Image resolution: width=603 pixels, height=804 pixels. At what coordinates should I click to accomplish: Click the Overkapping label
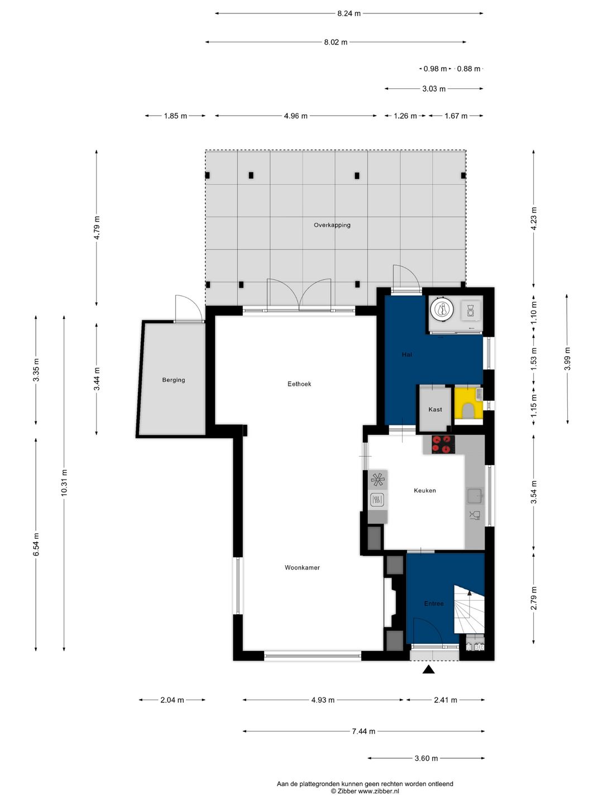click(332, 225)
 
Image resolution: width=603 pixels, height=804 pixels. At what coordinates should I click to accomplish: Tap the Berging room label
click(174, 380)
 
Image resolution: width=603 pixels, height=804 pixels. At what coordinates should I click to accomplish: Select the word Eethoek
click(299, 384)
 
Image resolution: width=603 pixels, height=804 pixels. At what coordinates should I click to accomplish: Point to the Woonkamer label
click(302, 567)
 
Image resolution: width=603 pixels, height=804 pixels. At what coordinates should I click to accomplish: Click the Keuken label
click(425, 490)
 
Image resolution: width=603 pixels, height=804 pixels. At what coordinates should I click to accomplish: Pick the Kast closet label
click(435, 409)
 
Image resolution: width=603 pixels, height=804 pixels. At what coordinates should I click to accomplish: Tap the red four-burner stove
click(443, 444)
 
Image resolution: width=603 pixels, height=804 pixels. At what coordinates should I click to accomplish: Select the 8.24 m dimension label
click(348, 13)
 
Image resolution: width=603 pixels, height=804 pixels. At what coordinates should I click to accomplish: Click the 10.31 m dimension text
click(64, 483)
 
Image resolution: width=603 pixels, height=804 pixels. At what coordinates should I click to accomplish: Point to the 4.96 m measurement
click(295, 116)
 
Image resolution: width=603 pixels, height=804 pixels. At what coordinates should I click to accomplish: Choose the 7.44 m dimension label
click(363, 731)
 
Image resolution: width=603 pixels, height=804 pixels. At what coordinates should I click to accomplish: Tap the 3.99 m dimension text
click(567, 359)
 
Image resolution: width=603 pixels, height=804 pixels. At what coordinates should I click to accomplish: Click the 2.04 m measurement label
click(172, 700)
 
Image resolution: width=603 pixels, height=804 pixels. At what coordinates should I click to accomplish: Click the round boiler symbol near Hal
click(442, 309)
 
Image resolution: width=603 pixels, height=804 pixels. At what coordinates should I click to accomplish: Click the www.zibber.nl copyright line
click(365, 791)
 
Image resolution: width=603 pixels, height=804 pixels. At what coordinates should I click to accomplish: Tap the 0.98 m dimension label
click(435, 69)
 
